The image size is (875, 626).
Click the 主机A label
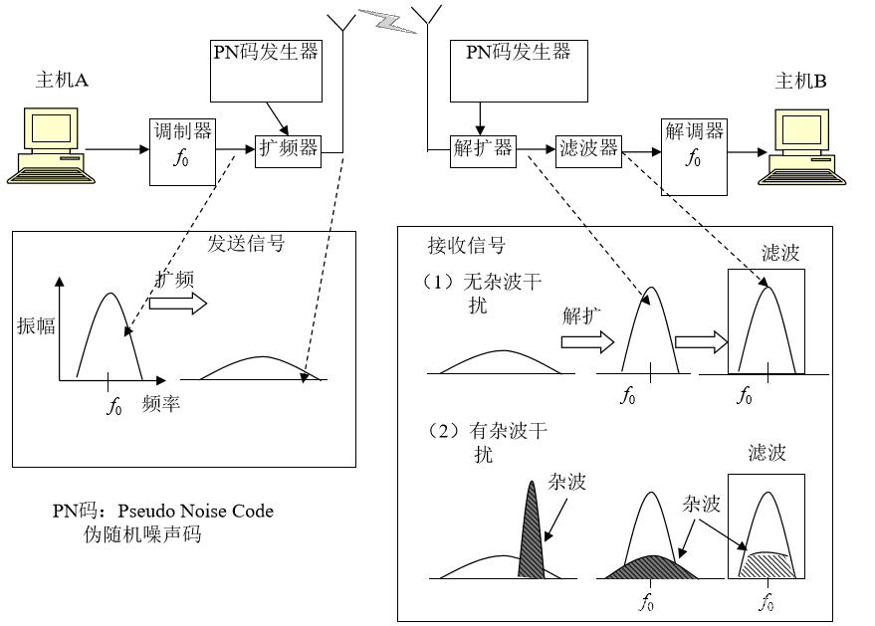(62, 82)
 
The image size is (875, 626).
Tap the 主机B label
(800, 83)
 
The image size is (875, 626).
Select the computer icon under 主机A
(52, 146)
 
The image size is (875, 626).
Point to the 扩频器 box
(288, 149)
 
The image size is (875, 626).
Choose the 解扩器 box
(483, 149)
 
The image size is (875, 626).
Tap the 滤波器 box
(588, 149)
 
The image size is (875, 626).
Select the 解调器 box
(694, 156)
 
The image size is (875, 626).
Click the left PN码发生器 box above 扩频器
(266, 70)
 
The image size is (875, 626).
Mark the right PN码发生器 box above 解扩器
(519, 70)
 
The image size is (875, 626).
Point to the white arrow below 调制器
(177, 304)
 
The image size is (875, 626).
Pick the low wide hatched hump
(652, 569)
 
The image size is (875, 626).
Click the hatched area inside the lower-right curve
(766, 564)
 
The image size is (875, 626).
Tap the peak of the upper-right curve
(766, 289)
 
